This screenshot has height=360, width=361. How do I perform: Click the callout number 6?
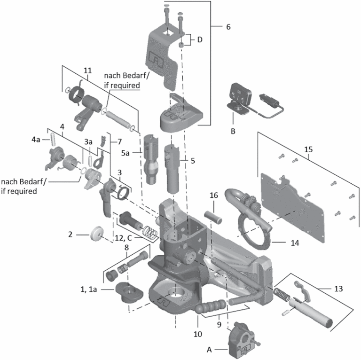(228, 27)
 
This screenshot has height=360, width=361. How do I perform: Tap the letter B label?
(232, 132)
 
